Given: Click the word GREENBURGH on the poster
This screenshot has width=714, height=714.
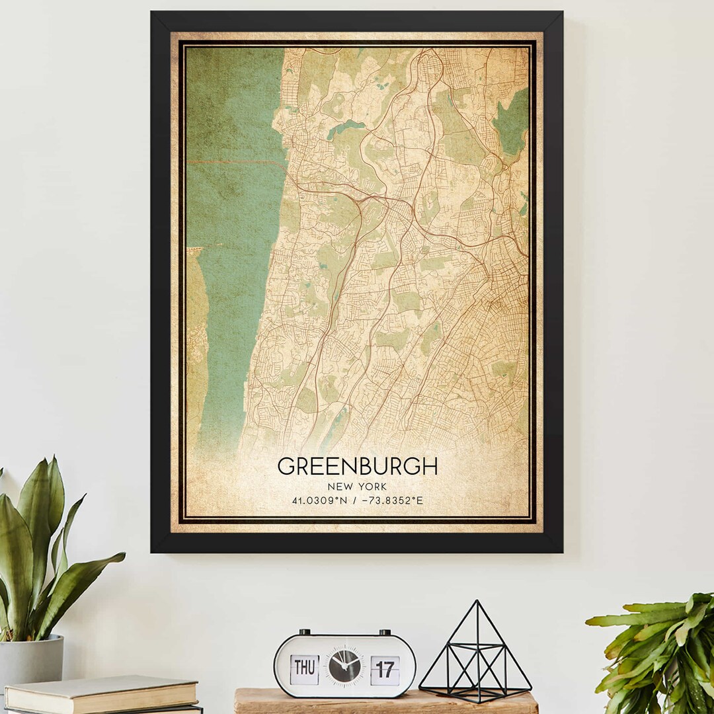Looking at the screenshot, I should [x=357, y=467].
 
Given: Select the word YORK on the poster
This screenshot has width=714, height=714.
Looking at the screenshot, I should [x=372, y=487].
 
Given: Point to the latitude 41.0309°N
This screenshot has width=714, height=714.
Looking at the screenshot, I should [x=320, y=500].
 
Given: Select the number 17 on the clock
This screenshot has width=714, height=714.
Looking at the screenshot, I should [x=385, y=669].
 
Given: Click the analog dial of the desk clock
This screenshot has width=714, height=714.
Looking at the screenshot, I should [x=345, y=666].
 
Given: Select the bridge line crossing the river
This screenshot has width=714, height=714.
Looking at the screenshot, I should [x=235, y=161].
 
